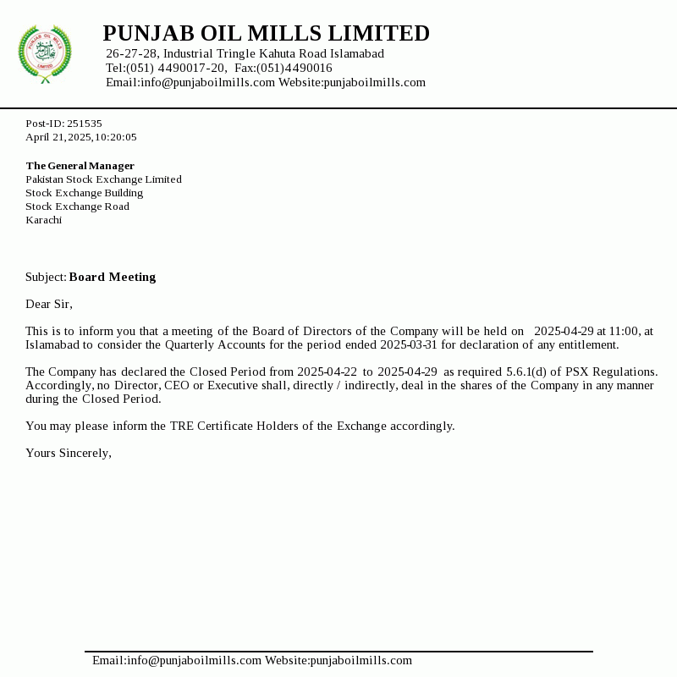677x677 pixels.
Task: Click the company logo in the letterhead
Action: click(45, 54)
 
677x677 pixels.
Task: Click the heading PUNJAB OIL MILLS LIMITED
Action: click(266, 34)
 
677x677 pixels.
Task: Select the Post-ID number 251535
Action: click(85, 124)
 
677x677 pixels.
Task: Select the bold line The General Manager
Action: click(80, 166)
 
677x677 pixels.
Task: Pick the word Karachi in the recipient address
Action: click(43, 220)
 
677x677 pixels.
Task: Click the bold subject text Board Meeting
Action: click(113, 277)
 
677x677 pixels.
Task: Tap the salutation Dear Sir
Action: click(49, 304)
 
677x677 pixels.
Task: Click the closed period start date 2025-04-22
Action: click(327, 372)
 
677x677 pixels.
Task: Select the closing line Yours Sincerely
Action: click(69, 453)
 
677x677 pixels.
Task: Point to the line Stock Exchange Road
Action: click(77, 206)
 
